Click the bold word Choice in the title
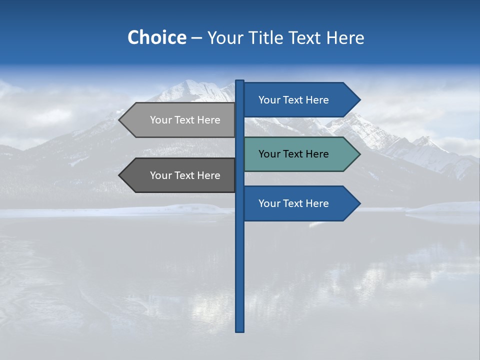156,37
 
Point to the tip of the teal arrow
359,154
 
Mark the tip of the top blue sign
359,100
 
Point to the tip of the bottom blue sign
359,203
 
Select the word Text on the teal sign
293,154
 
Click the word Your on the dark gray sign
160,175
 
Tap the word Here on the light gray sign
209,120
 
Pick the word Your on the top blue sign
269,100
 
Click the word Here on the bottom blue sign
317,203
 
